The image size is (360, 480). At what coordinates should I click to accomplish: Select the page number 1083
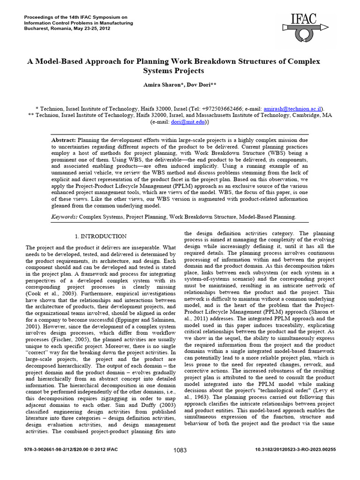[x=180, y=450]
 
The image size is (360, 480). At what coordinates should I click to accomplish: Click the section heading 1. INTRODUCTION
[x=101, y=236]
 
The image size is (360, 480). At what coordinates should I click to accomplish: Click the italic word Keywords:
[x=64, y=217]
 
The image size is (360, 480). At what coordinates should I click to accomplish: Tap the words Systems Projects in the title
[x=174, y=71]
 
